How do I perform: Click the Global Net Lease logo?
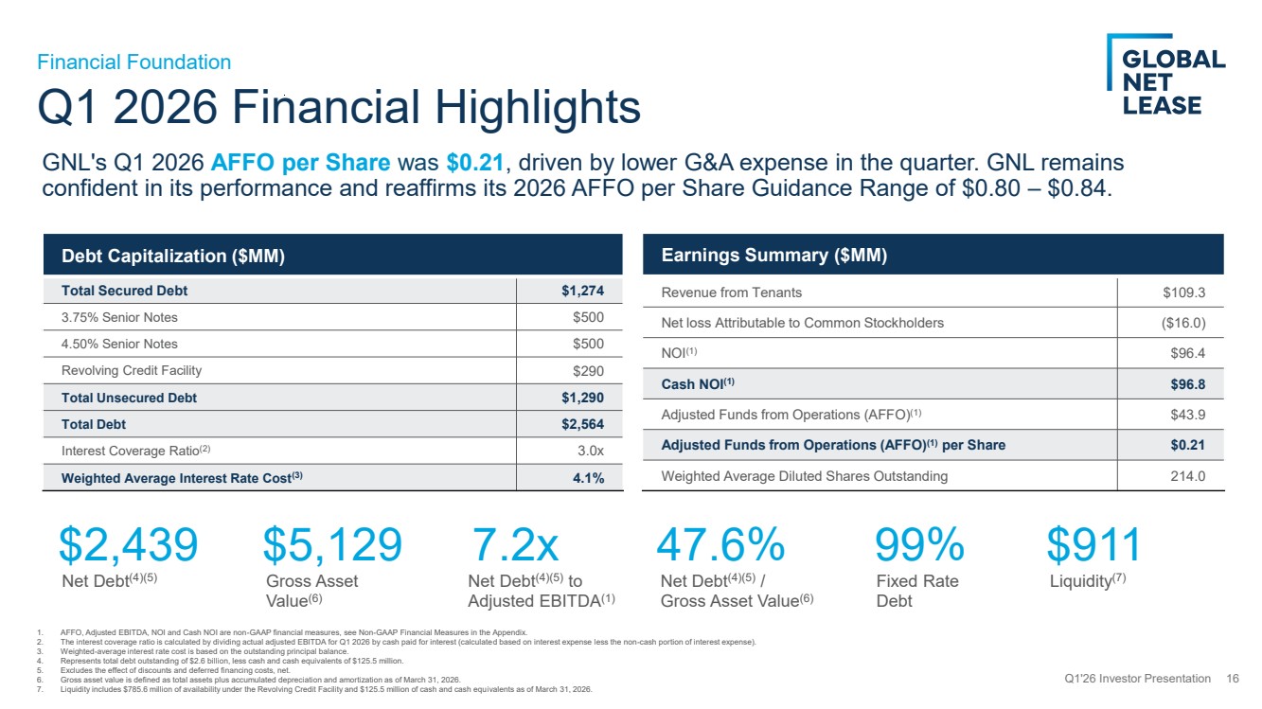pyautogui.click(x=1165, y=75)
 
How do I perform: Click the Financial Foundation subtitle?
pyautogui.click(x=134, y=62)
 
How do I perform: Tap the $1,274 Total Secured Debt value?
pyautogui.click(x=582, y=291)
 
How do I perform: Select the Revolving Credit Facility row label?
pyautogui.click(x=132, y=370)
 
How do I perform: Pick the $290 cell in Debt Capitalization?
pyautogui.click(x=588, y=371)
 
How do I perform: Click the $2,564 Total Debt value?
pyautogui.click(x=582, y=424)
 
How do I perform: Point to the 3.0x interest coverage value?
pyautogui.click(x=591, y=451)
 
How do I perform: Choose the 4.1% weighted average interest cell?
pyautogui.click(x=588, y=478)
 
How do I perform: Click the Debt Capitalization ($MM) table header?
pyautogui.click(x=173, y=257)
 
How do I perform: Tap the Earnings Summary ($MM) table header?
pyautogui.click(x=774, y=255)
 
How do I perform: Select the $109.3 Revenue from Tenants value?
pyautogui.click(x=1184, y=292)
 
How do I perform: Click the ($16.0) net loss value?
pyautogui.click(x=1183, y=323)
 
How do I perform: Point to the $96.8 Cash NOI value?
pyautogui.click(x=1187, y=384)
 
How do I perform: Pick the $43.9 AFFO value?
pyautogui.click(x=1187, y=415)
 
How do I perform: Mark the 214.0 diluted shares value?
pyautogui.click(x=1187, y=476)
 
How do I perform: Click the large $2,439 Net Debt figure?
pyautogui.click(x=129, y=544)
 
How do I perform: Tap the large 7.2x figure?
pyautogui.click(x=515, y=544)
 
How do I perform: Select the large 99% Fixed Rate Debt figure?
pyautogui.click(x=919, y=544)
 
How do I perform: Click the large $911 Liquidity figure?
pyautogui.click(x=1093, y=544)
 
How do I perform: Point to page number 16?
pyautogui.click(x=1233, y=679)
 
